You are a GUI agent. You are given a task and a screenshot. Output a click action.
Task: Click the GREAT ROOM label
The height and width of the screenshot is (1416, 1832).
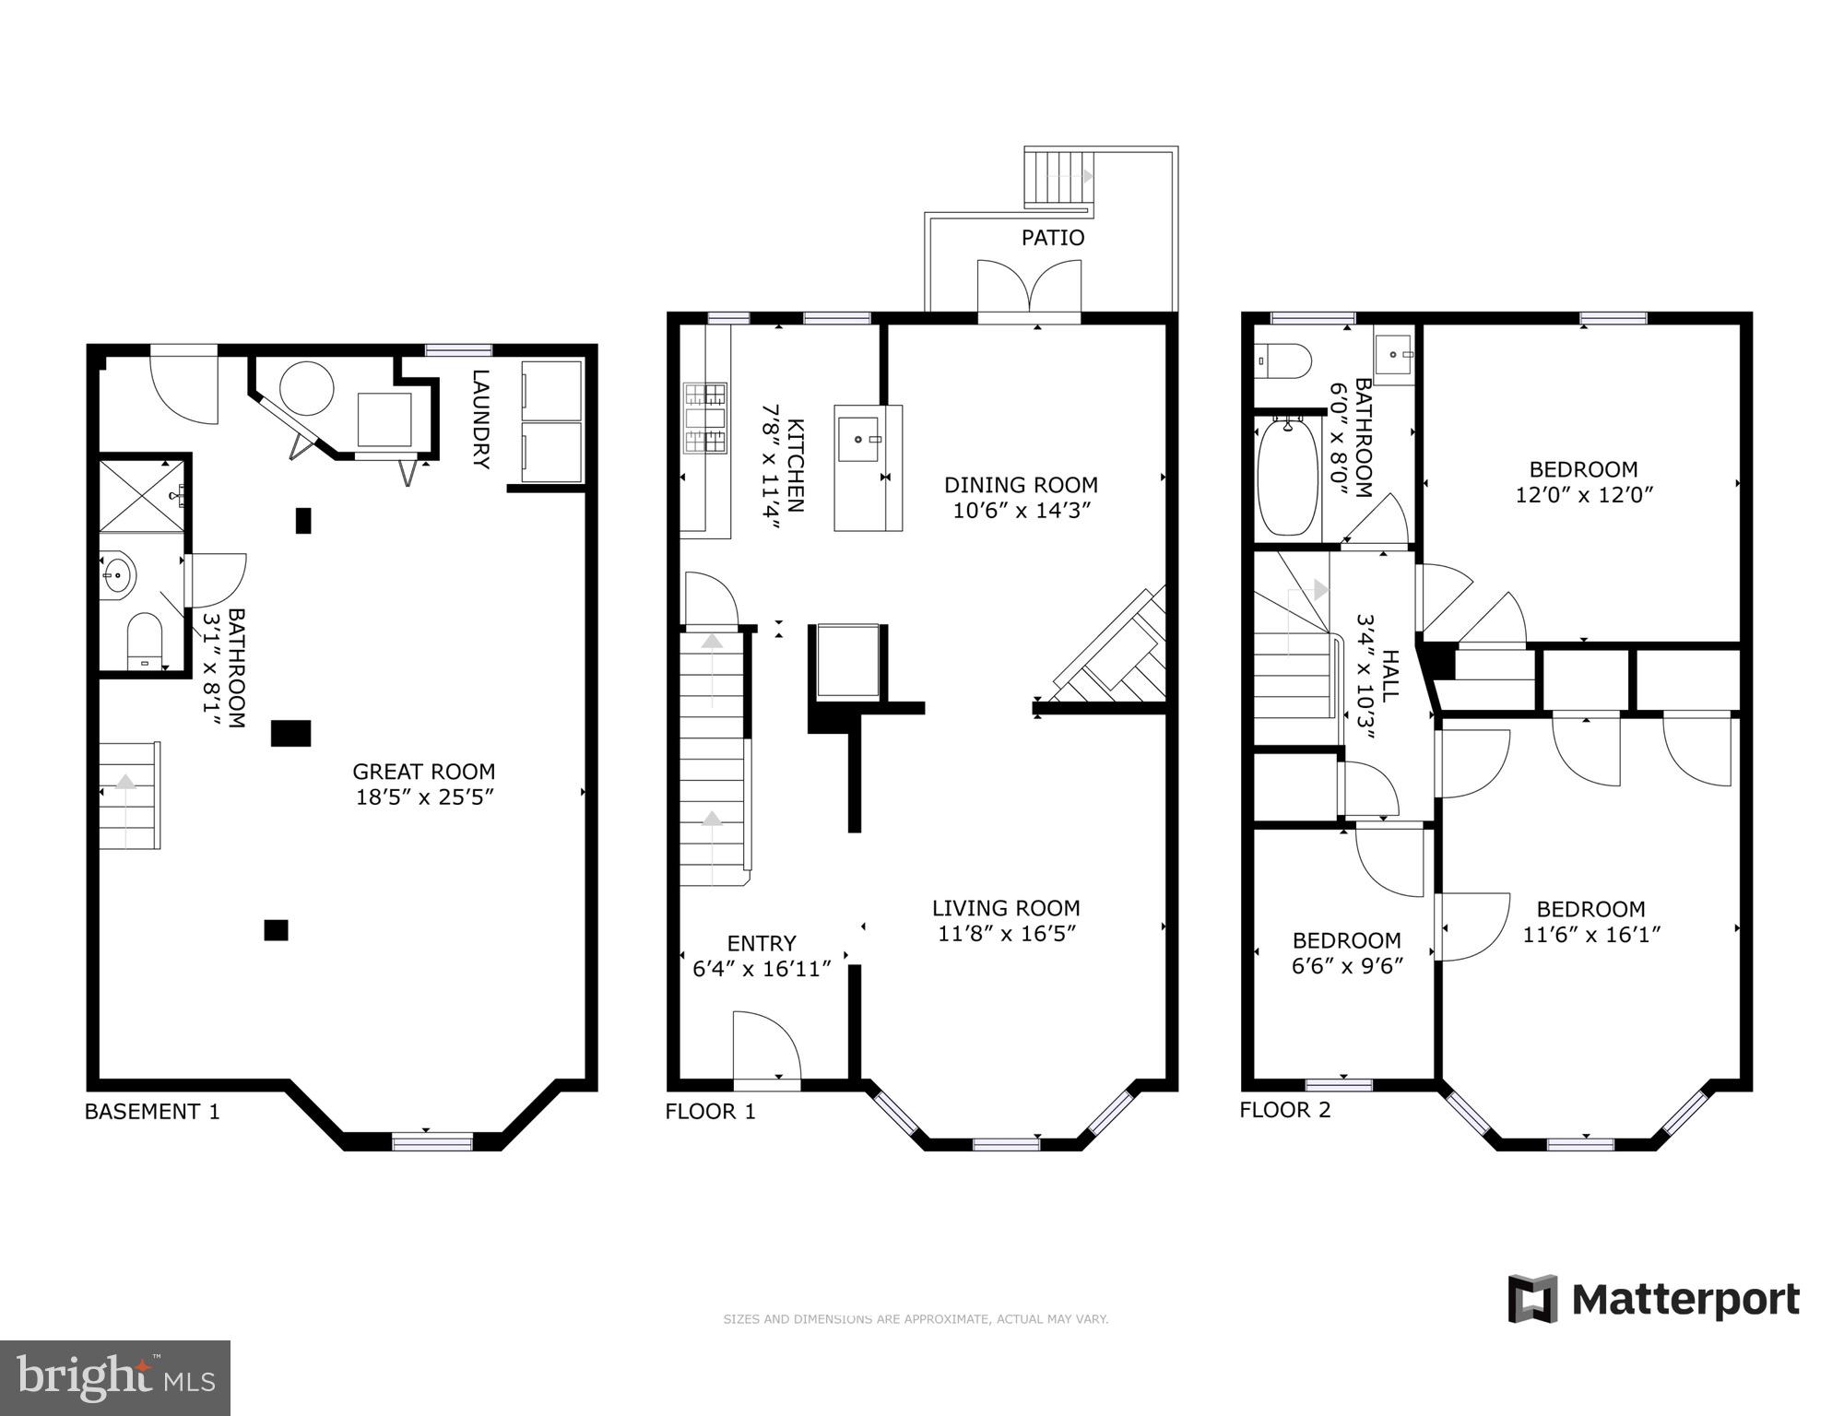(x=424, y=772)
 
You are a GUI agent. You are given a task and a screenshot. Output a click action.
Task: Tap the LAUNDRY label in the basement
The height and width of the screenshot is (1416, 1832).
(x=480, y=419)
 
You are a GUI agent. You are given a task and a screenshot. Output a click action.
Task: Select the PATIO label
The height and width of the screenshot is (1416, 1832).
(x=1053, y=238)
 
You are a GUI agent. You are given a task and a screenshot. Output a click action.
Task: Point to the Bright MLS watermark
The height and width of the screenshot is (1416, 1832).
(x=115, y=1378)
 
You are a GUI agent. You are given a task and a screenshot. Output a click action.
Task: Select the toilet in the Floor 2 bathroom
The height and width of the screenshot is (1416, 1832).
(x=1282, y=361)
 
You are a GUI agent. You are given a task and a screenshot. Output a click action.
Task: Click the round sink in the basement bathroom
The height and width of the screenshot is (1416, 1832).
(x=118, y=575)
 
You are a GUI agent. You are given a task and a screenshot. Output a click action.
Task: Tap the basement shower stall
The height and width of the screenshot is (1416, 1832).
(x=142, y=496)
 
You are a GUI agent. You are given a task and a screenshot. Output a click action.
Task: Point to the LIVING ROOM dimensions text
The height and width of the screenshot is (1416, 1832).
(x=1007, y=934)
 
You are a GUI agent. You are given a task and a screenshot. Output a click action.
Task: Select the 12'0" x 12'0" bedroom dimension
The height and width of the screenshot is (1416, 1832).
(x=1584, y=495)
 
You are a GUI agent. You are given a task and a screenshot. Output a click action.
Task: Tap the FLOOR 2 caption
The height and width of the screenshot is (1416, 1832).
(x=1285, y=1110)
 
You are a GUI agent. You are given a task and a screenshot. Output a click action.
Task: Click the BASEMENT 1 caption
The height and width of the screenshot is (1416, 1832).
(x=152, y=1112)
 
